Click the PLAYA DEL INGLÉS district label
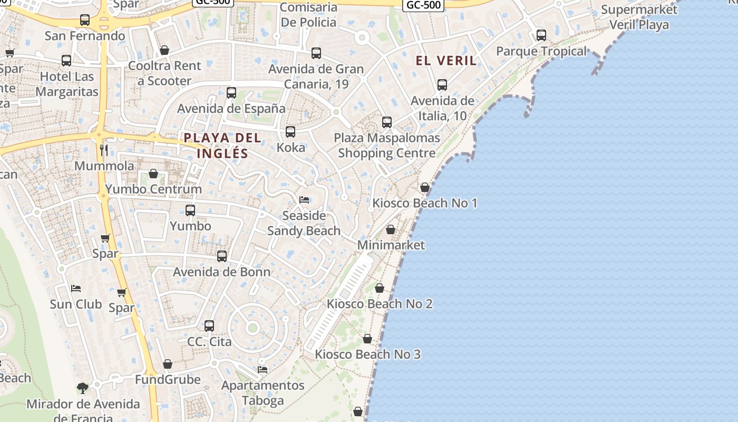(222, 146)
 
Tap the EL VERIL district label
(446, 61)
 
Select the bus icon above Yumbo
(190, 210)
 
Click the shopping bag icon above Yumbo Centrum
(153, 174)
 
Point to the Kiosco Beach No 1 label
(425, 203)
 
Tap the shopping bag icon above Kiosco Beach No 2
(379, 288)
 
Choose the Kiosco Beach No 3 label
(368, 354)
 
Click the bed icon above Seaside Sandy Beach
(304, 199)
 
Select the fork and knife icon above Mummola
(104, 150)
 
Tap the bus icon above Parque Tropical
(541, 35)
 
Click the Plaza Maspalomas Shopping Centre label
(387, 146)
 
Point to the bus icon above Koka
(290, 132)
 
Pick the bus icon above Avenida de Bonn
(222, 256)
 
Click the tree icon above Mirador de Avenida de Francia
(83, 388)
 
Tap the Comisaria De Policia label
(308, 15)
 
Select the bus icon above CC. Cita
(209, 326)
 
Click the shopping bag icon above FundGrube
(168, 364)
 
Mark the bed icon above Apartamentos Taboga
(263, 369)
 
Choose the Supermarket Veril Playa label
(639, 17)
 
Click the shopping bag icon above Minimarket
(391, 229)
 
